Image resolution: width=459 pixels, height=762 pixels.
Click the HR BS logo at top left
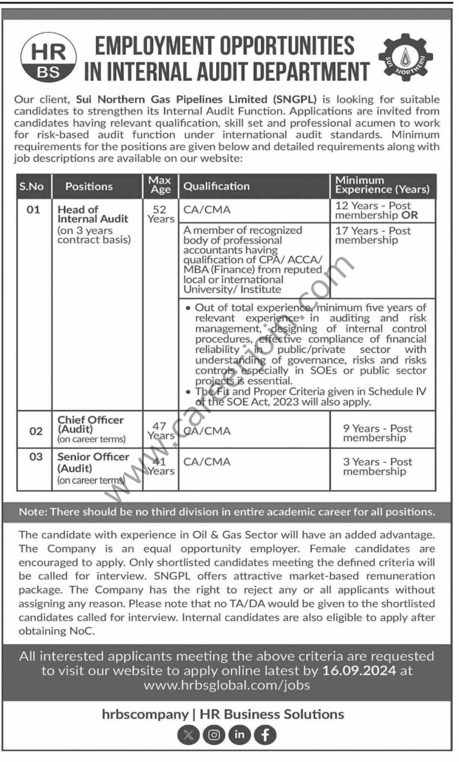tap(49, 58)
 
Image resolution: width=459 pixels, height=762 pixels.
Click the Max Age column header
tap(160, 185)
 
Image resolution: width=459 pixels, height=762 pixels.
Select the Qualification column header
tap(217, 186)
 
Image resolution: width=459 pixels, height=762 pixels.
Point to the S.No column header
tap(32, 187)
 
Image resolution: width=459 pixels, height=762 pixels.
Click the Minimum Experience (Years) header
tap(382, 185)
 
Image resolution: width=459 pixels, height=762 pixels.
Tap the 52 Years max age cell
tap(161, 214)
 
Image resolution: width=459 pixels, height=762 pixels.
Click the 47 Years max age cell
tap(160, 431)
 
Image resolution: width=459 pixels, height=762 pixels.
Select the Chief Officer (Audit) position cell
tap(91, 429)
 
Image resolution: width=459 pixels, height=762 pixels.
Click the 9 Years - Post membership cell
tap(377, 433)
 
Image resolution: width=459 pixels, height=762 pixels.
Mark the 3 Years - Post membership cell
tap(377, 466)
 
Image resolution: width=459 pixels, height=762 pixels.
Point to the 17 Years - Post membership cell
tap(373, 235)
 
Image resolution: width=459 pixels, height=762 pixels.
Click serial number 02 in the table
tap(36, 431)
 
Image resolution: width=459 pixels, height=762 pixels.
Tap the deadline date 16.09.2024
tap(359, 671)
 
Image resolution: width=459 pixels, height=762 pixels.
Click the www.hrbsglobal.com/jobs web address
tap(227, 685)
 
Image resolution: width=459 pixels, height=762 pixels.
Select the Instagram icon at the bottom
tap(214, 735)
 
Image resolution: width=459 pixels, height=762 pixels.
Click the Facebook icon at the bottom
tap(265, 735)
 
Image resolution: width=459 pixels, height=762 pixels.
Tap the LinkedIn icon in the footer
tap(239, 735)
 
